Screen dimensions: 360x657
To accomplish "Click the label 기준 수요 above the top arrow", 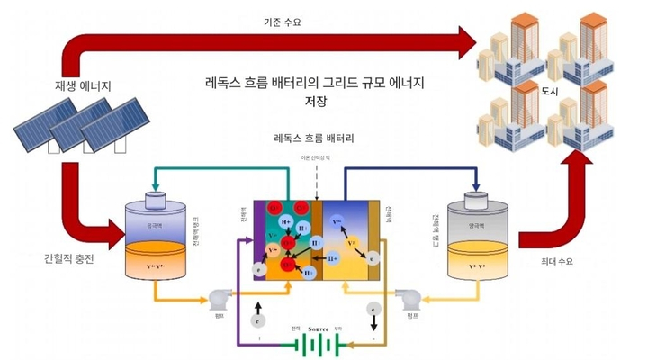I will (x=282, y=21).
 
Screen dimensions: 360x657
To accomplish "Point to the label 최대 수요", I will (x=556, y=262).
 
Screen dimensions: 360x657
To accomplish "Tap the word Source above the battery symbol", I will (x=321, y=329).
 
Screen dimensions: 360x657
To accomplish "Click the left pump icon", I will (x=219, y=298).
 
